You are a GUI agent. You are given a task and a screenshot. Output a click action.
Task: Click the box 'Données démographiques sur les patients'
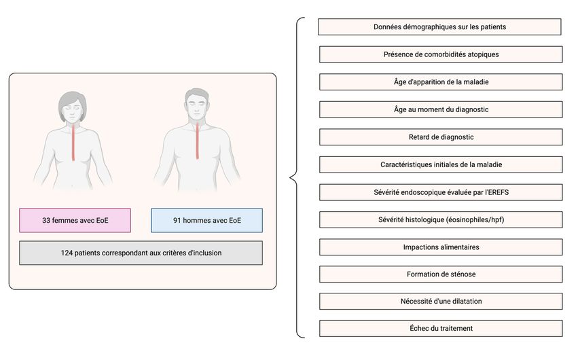[x=439, y=27]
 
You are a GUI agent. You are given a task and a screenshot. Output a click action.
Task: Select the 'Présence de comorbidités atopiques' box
[x=441, y=54]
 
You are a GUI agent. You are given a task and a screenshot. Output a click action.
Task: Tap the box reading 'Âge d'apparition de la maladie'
[x=441, y=82]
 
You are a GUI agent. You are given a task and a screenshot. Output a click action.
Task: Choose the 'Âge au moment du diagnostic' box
[x=441, y=109]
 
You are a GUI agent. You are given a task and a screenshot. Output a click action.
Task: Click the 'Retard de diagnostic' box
[x=441, y=137]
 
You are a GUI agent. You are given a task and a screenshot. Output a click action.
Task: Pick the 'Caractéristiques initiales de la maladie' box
[x=441, y=164]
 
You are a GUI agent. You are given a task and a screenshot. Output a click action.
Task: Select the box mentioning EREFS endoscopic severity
[x=441, y=192]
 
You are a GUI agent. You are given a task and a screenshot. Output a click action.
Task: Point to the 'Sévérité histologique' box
[x=441, y=219]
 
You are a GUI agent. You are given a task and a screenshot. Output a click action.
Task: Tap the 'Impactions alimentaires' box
[x=441, y=247]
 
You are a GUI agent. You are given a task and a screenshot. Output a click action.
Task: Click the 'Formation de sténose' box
[x=441, y=274]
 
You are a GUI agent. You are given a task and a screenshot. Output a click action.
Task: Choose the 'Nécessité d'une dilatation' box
[x=441, y=301]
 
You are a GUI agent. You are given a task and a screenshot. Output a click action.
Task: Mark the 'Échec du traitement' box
[x=441, y=328]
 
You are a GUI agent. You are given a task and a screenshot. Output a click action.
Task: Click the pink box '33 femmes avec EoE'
[x=75, y=220]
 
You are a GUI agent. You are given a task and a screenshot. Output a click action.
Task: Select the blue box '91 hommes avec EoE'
[x=206, y=220]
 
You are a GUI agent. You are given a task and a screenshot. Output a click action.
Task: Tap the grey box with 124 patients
[x=141, y=253]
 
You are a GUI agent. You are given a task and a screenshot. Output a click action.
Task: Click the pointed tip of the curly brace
[x=291, y=178]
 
